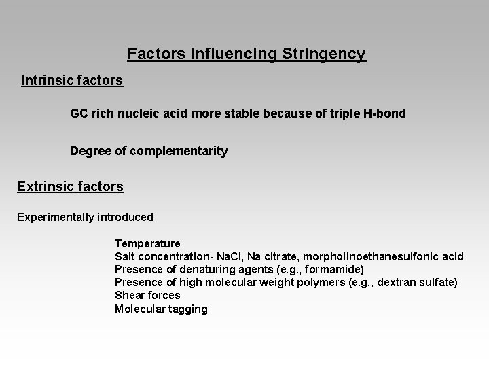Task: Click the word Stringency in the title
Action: (x=324, y=54)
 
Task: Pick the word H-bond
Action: (x=385, y=113)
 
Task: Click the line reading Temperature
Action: (x=147, y=243)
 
